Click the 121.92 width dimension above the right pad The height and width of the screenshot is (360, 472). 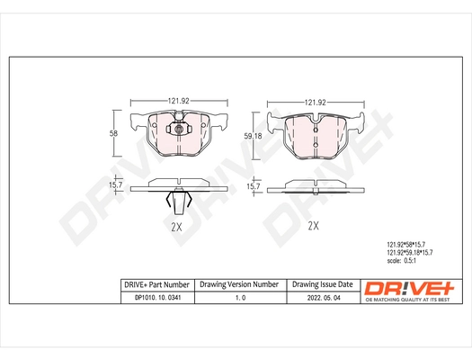click(313, 103)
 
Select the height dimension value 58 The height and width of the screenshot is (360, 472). click(112, 133)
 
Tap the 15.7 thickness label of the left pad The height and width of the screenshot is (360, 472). click(115, 185)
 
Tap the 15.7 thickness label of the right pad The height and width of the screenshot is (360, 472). click(254, 186)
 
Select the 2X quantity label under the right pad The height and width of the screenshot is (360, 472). click(314, 225)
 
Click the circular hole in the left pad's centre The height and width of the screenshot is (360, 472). click(179, 131)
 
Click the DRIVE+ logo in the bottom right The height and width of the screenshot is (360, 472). click(410, 288)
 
